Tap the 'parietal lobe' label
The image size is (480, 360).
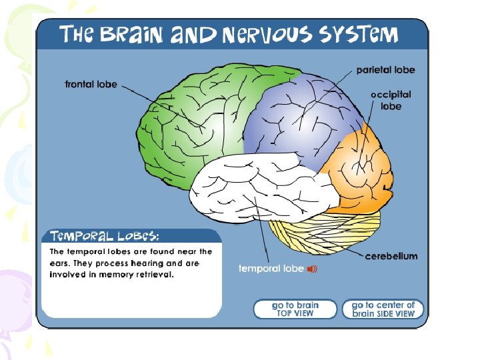(385, 69)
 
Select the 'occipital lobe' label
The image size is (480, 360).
(391, 100)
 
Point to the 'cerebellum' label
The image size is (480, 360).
(391, 256)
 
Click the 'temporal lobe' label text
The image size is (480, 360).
(271, 269)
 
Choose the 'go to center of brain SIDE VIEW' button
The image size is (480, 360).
(383, 309)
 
